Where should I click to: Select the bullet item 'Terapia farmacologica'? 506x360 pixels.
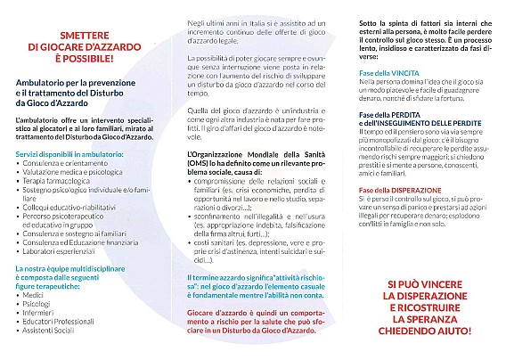pos(60,180)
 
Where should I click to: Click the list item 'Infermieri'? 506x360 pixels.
pos(39,317)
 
